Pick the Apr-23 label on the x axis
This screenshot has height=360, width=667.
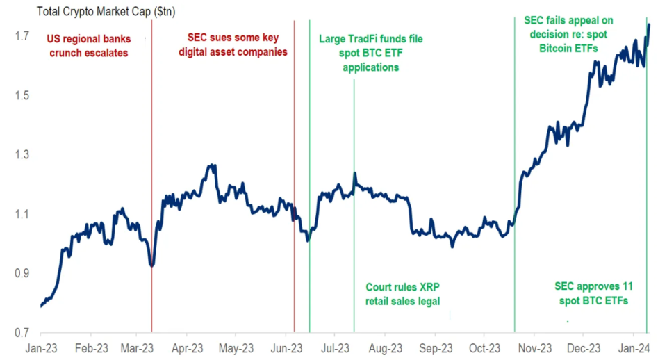pos(187,347)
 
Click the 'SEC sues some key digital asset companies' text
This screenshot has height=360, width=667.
pos(237,46)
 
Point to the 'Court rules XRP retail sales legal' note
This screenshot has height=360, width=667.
pos(403,294)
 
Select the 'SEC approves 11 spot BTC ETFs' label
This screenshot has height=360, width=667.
pos(595,293)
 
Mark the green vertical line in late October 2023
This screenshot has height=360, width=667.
pos(514,208)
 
